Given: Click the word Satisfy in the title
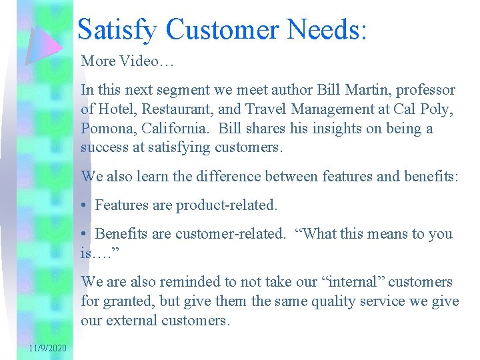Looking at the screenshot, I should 117,30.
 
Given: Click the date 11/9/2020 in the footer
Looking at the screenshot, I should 47,349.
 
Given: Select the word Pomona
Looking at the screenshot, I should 108,128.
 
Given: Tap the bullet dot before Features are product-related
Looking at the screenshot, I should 84,205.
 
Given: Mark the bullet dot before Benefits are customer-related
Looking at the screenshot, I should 84,234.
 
